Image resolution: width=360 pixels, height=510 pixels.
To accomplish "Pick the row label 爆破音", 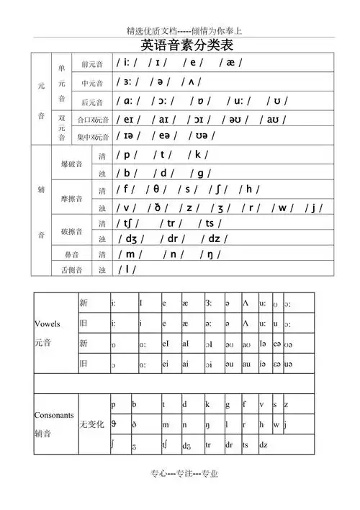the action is [72, 164].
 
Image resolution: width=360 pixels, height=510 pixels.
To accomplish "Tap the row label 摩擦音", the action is [72, 199].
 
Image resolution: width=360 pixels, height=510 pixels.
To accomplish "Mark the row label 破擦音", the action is [72, 231].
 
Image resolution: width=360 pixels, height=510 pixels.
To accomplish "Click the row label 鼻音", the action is [72, 254].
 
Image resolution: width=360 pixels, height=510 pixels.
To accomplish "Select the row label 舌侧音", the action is [72, 270].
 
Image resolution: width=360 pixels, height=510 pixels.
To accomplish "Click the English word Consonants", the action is [54, 416].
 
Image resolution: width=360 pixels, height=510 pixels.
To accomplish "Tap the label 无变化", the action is [92, 425].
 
